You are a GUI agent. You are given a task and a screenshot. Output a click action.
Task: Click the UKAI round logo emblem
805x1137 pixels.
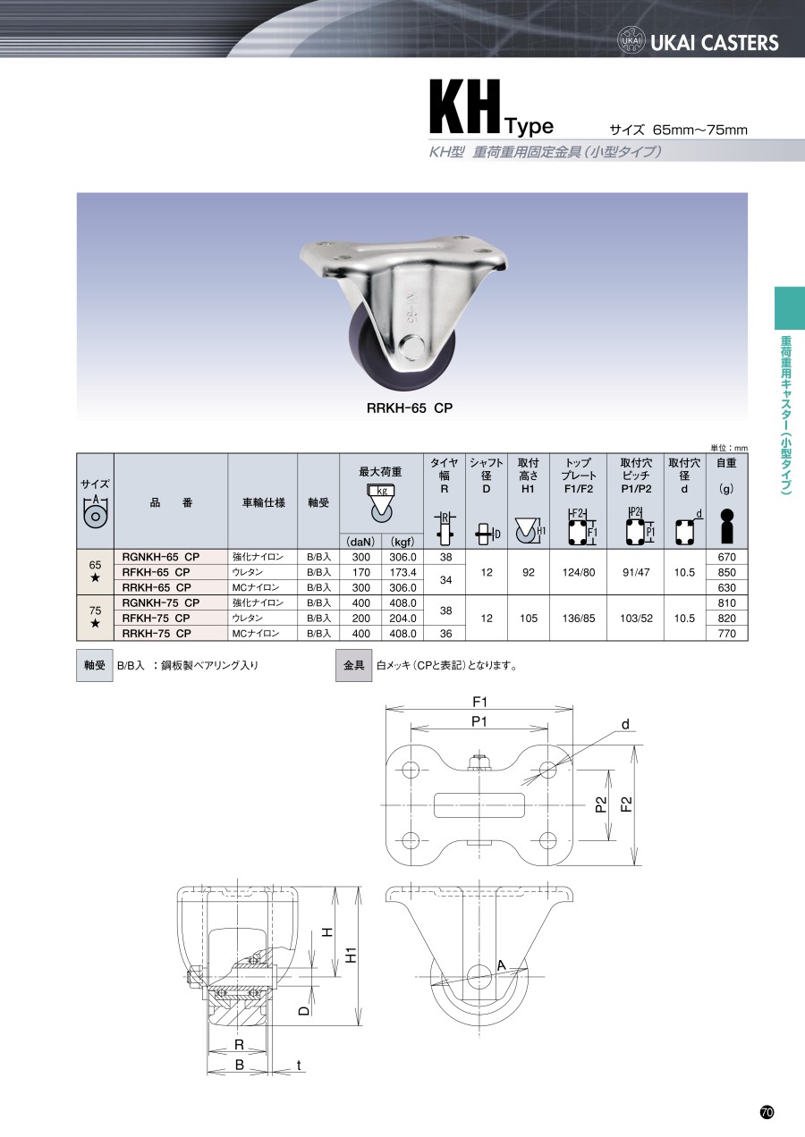[x=631, y=40]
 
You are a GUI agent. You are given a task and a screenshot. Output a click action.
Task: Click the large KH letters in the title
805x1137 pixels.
[x=465, y=107]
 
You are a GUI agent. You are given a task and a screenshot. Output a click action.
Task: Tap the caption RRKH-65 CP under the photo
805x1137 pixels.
[x=410, y=408]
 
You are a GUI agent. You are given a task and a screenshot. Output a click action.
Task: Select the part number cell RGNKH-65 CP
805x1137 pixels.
[x=160, y=557]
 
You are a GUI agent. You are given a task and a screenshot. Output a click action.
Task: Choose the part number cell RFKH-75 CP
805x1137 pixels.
[x=156, y=619]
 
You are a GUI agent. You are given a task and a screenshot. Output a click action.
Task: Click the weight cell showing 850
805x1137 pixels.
[x=727, y=572]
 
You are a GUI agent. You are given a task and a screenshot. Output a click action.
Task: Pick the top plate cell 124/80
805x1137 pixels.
[x=579, y=573]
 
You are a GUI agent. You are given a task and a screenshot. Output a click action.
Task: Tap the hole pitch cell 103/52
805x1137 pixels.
[x=636, y=619]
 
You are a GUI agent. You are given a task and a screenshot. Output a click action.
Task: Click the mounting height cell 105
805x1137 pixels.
[x=529, y=619]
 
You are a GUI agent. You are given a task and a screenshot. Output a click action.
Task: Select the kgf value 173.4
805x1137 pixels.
[x=402, y=573]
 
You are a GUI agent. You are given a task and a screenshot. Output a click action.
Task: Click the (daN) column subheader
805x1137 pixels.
[x=360, y=542]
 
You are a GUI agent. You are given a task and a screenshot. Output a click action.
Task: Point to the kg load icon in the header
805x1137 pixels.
[x=381, y=503]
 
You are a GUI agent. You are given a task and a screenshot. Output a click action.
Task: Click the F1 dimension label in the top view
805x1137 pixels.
[x=480, y=702]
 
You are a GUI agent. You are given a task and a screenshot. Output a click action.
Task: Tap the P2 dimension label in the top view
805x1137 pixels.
[x=601, y=804]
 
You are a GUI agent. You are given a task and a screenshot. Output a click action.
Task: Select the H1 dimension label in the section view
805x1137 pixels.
[x=351, y=955]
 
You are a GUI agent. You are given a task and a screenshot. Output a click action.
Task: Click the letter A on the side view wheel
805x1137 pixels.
[x=501, y=965]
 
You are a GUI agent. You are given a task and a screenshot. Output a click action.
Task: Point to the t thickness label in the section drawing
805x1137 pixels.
[x=299, y=1065]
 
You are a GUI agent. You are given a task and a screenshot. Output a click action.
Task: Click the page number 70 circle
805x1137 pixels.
[x=767, y=1113]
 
